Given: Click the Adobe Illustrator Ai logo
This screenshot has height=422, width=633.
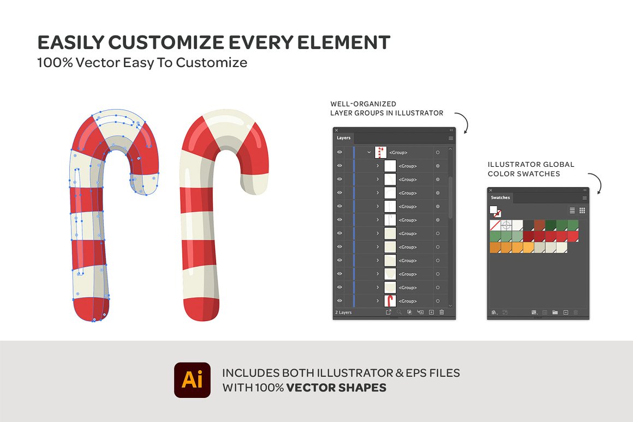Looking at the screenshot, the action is pos(192,380).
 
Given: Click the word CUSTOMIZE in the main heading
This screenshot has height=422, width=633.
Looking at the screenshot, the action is pos(166,43).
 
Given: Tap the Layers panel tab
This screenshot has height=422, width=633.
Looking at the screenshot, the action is pos(344,138).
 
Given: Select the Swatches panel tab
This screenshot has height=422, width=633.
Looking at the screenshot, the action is pos(500,198).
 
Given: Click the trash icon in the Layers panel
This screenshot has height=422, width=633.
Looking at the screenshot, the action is pos(441,312).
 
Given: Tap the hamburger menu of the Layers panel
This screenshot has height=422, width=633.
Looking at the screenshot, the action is pos(451,138).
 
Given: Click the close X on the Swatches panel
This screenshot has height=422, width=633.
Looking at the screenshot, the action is pos(491,190).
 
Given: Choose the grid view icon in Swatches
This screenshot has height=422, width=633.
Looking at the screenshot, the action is pos(582,210).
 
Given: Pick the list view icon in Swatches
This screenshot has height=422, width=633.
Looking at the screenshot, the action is pos(572,210).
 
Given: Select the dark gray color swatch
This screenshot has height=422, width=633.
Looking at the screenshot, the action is pos(528,225).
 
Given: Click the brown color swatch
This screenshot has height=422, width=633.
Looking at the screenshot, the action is pos(539,225).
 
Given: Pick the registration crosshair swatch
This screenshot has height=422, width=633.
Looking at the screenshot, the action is pos(506,225).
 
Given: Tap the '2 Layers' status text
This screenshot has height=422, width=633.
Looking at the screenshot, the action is pos(344,312).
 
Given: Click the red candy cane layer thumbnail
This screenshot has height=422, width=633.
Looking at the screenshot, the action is pos(390,301).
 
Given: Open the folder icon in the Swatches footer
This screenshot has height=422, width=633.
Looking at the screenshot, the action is pos(555,312).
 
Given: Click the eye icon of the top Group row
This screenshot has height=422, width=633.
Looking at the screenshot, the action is pos(339,153).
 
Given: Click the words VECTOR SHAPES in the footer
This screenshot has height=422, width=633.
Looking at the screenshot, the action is pos(336,388).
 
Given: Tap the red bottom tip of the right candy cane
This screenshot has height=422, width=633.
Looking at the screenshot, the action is pos(201,310).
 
